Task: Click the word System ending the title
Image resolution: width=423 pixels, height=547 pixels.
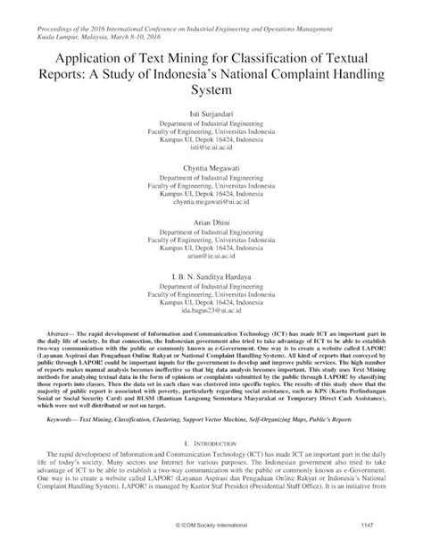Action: (x=211, y=91)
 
